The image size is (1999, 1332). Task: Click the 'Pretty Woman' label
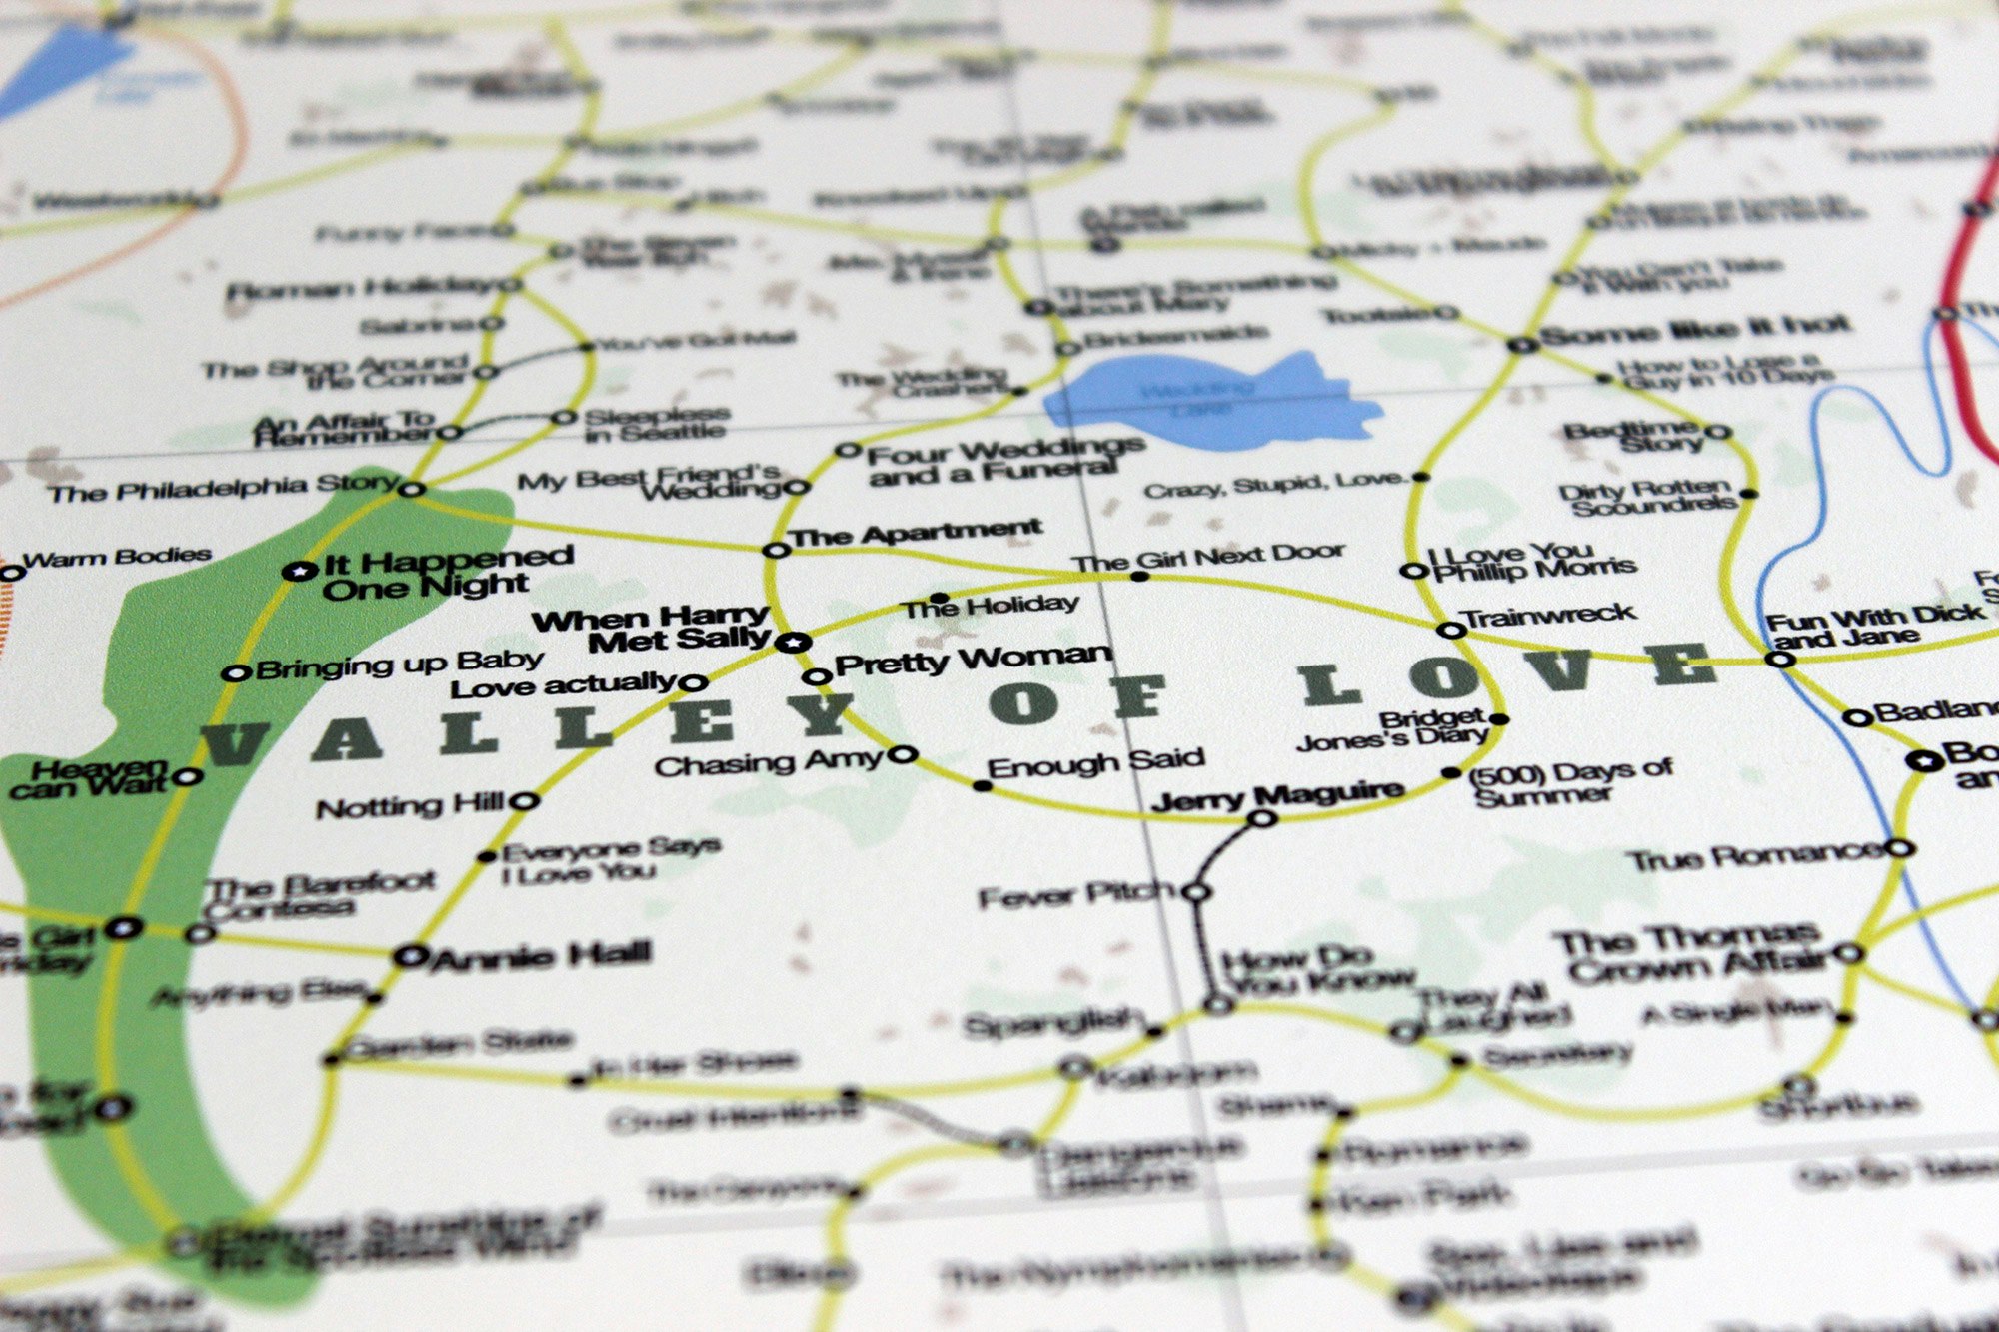(x=973, y=660)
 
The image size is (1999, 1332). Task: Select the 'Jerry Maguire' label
(x=1277, y=796)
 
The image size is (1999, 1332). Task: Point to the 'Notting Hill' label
(x=410, y=806)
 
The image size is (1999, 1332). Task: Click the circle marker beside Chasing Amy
(x=903, y=754)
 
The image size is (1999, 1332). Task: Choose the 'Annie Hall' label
(x=540, y=956)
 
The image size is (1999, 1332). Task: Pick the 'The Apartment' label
(x=916, y=533)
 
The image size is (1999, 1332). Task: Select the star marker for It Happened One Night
(x=298, y=572)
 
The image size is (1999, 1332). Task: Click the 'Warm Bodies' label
(x=117, y=557)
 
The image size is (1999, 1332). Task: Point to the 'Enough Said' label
(x=1095, y=762)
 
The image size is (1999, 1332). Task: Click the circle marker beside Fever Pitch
(x=1196, y=891)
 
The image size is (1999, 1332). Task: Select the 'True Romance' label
(x=1754, y=857)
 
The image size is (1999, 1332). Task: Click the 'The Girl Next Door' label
(x=1209, y=558)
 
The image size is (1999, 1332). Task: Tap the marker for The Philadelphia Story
(x=412, y=489)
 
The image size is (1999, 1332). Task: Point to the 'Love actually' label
(x=564, y=686)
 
